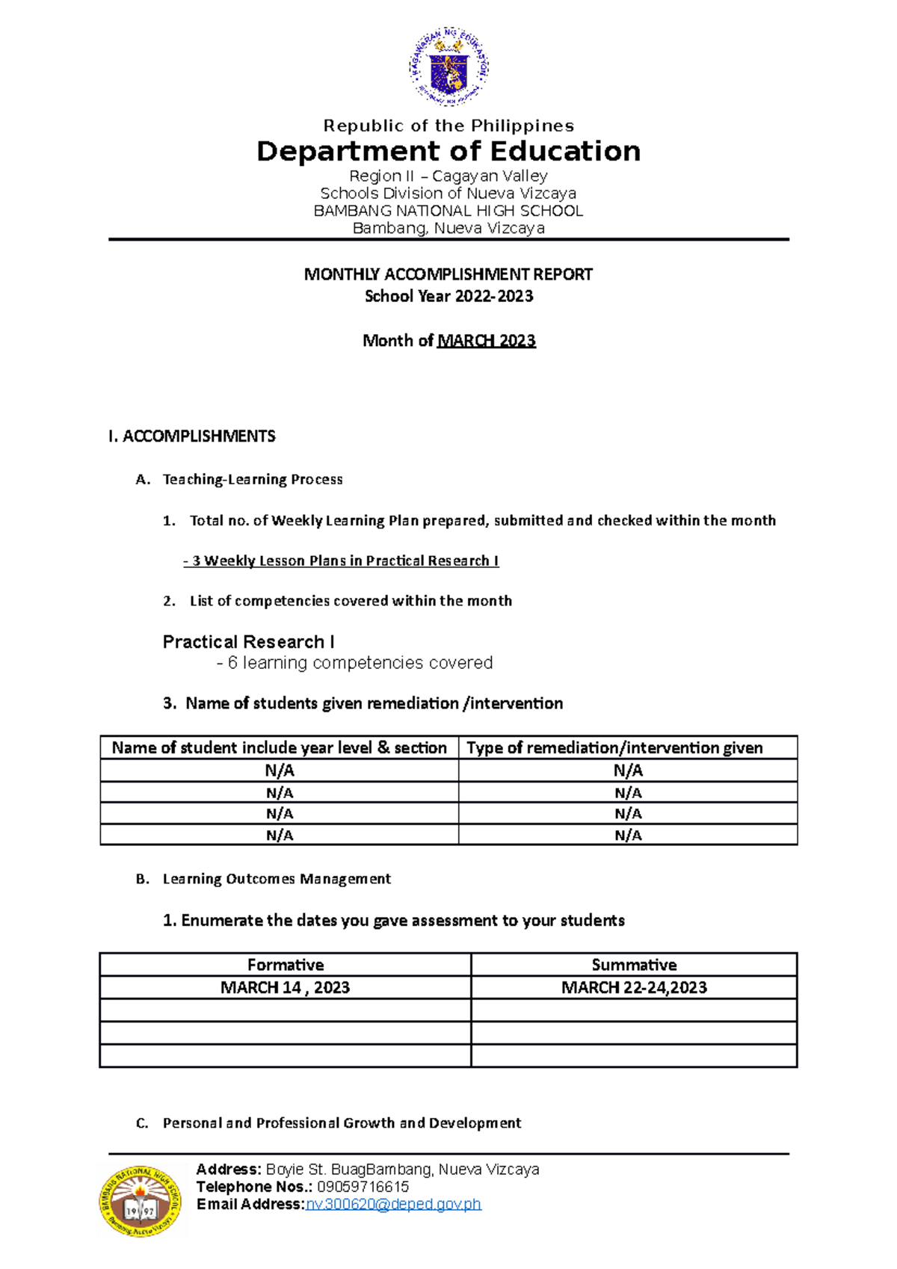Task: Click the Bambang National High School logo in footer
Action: [x=141, y=1201]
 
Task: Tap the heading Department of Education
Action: [x=449, y=151]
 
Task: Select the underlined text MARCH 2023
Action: [x=487, y=341]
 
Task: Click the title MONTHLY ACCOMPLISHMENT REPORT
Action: [x=449, y=274]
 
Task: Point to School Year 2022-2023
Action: [x=449, y=296]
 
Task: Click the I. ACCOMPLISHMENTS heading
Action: [x=192, y=436]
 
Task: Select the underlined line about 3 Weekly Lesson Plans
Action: [x=341, y=561]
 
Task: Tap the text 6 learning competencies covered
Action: [x=360, y=663]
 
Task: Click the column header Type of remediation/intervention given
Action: [x=614, y=747]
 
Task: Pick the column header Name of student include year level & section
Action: [x=280, y=747]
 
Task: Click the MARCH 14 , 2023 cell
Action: [x=285, y=987]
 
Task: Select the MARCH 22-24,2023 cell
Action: [x=634, y=987]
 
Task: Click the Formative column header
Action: [x=285, y=965]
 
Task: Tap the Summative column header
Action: [x=634, y=965]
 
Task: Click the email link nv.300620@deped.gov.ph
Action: [x=394, y=1204]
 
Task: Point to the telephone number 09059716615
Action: [x=363, y=1187]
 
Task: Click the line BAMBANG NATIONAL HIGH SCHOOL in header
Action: [x=449, y=211]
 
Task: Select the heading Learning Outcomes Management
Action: [x=277, y=879]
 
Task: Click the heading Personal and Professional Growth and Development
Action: [x=342, y=1123]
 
